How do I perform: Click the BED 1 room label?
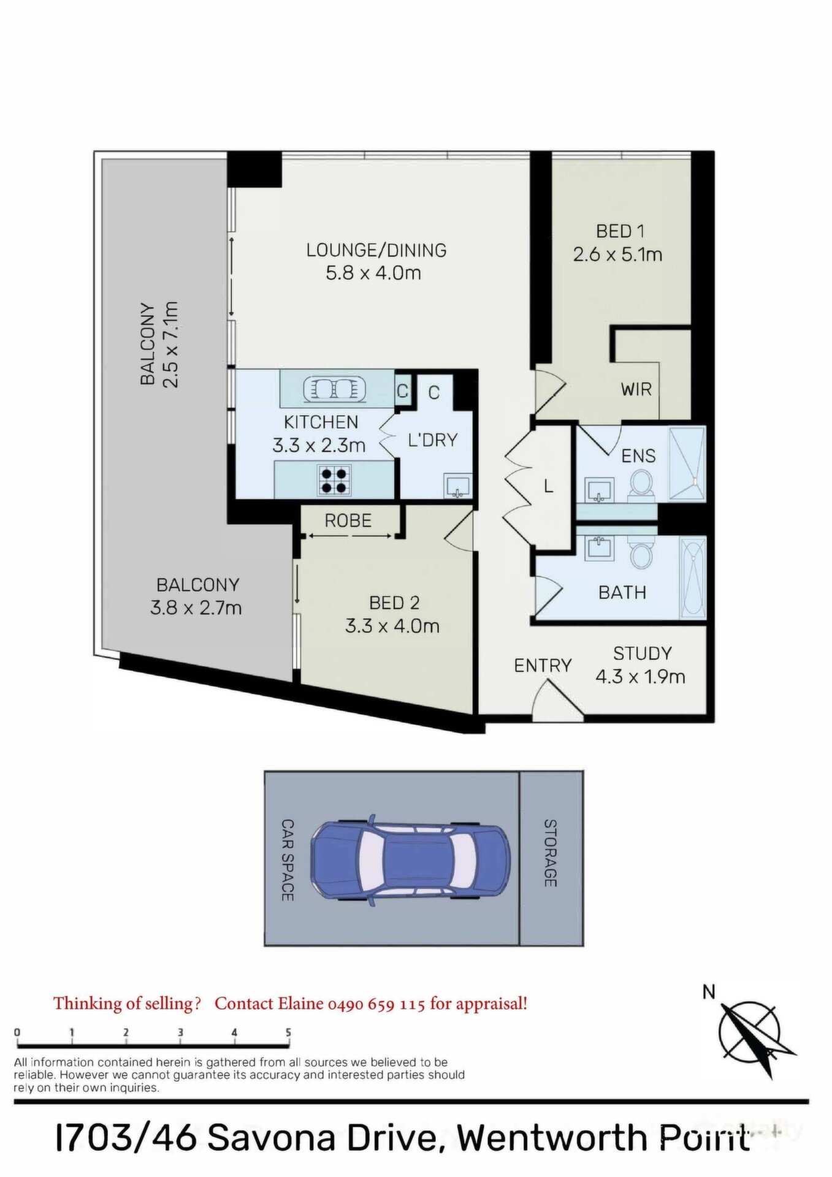click(x=620, y=231)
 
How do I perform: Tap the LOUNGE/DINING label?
click(x=376, y=250)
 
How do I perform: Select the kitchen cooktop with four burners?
click(x=335, y=480)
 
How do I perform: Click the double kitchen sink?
click(x=335, y=389)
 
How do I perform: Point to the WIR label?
click(x=636, y=389)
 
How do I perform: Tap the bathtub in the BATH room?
click(x=693, y=578)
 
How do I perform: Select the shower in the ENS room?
click(x=687, y=464)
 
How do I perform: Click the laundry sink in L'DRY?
click(x=457, y=486)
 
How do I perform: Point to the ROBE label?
click(x=348, y=520)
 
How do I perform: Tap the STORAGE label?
click(x=550, y=853)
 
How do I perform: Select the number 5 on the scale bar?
click(x=288, y=1032)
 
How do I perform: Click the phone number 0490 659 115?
click(x=376, y=1004)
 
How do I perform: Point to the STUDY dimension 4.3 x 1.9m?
click(x=640, y=676)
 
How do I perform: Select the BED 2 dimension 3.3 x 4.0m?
click(x=392, y=626)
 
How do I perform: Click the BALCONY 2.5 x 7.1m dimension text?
click(x=170, y=345)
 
